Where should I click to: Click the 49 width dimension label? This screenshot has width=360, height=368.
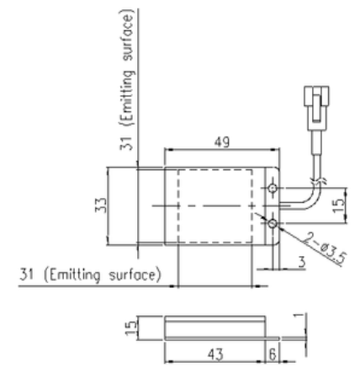[222, 141]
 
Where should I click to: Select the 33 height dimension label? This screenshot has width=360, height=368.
[101, 205]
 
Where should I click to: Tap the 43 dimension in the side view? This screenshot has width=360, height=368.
[215, 355]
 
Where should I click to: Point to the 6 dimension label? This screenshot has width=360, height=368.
[273, 355]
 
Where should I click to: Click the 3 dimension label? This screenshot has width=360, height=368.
[302, 262]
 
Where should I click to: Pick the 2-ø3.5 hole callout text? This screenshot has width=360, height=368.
[326, 248]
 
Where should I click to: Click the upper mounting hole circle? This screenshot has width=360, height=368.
[273, 188]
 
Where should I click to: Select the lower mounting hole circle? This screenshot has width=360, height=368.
[273, 224]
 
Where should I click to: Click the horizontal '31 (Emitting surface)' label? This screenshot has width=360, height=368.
[90, 275]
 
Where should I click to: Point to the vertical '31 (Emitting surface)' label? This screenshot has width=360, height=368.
[127, 80]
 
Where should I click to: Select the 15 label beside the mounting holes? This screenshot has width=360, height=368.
[339, 205]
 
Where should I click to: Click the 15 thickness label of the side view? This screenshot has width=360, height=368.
[130, 328]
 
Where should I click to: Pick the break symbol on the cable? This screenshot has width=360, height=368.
[318, 180]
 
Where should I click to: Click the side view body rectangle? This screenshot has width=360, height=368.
[215, 328]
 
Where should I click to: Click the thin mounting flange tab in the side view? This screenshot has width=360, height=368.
[273, 339]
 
